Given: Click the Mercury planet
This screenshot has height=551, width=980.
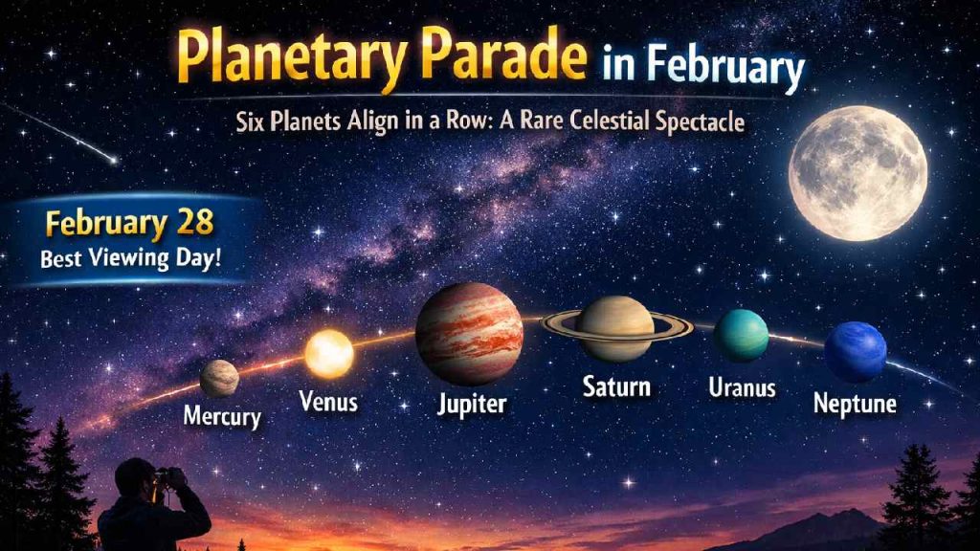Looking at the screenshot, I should [219, 378].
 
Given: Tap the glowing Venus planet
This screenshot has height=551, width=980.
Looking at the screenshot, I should [328, 353].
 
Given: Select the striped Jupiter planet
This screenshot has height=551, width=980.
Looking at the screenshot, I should [469, 334].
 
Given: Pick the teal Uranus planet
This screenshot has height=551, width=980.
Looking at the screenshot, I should [741, 336].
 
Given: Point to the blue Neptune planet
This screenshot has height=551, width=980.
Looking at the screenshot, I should [856, 351].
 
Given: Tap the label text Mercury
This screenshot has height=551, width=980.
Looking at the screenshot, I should [222, 418].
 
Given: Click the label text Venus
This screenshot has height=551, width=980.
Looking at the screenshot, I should [328, 401].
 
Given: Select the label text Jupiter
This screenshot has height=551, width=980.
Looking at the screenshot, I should [471, 404].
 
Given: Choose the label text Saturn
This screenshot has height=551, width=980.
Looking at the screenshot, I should [616, 387].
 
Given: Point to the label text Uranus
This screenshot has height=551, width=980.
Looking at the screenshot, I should [742, 388].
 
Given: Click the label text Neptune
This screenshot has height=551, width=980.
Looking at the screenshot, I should [855, 404].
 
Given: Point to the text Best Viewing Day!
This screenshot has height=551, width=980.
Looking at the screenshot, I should [129, 257].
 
